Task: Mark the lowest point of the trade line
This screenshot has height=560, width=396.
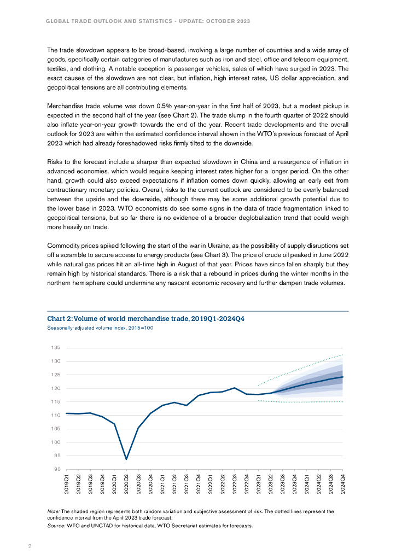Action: click(x=126, y=459)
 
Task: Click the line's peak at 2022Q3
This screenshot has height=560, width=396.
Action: click(x=235, y=388)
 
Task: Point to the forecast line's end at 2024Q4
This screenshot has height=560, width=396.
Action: click(x=343, y=377)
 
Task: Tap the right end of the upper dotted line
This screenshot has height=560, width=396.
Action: click(x=343, y=355)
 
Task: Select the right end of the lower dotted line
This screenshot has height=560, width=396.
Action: click(x=343, y=402)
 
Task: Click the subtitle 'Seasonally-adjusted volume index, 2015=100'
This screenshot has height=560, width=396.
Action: click(x=92, y=328)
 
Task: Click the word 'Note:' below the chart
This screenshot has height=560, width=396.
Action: click(x=54, y=511)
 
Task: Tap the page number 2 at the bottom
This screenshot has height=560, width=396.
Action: click(x=30, y=545)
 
